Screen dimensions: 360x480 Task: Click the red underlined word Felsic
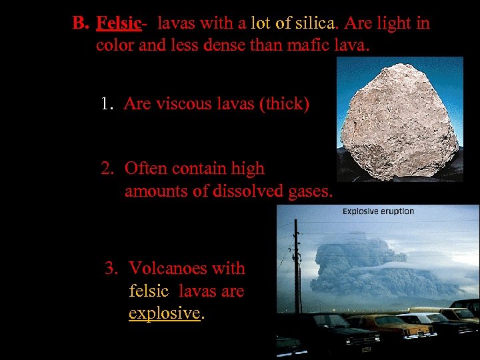(x=119, y=24)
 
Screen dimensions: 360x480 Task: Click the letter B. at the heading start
(x=80, y=24)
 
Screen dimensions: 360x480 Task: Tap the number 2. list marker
(x=109, y=169)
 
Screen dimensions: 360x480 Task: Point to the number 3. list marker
(x=113, y=269)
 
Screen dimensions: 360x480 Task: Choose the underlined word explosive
(x=164, y=313)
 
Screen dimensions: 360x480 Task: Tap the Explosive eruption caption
(x=378, y=211)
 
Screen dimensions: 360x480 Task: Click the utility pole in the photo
(x=295, y=267)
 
